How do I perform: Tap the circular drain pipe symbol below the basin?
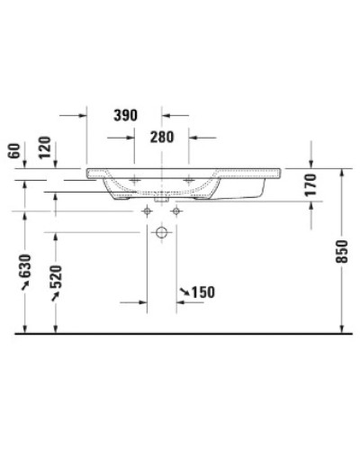pyautogui.click(x=161, y=233)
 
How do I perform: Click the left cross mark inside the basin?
pyautogui.click(x=134, y=180)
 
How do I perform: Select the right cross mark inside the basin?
pyautogui.click(x=189, y=180)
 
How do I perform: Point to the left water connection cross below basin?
pyautogui.click(x=147, y=211)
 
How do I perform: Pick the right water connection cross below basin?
pyautogui.click(x=175, y=211)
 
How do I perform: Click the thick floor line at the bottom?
pyautogui.click(x=180, y=334)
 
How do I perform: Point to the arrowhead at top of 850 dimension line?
pyautogui.click(x=343, y=171)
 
